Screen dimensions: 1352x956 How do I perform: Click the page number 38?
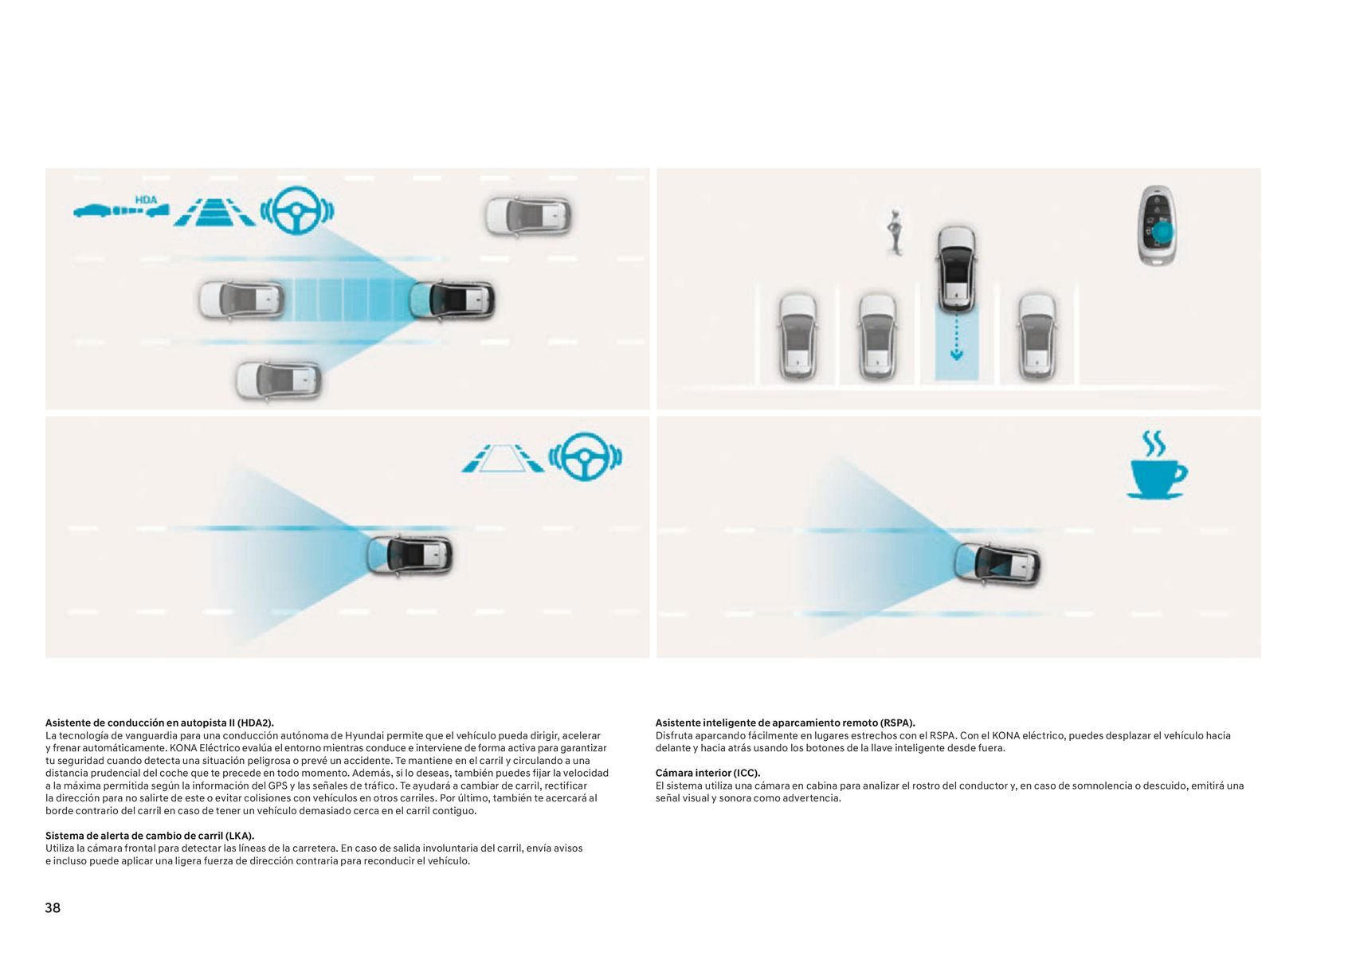(x=53, y=907)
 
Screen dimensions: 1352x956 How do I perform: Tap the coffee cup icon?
(x=1157, y=464)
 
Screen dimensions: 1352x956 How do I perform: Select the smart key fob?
(x=1157, y=225)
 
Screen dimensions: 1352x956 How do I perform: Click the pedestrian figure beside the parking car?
(x=895, y=232)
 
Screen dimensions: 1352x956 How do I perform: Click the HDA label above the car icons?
(x=146, y=200)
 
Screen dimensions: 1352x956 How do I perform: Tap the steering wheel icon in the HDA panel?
(x=297, y=210)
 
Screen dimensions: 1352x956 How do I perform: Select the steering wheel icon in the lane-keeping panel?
(x=585, y=456)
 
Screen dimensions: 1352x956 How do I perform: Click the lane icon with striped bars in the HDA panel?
(x=214, y=212)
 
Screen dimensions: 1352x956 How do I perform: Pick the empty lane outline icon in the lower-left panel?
(x=502, y=459)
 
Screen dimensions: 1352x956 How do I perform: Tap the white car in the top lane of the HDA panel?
(x=528, y=216)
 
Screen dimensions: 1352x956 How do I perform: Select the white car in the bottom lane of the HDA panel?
(x=278, y=381)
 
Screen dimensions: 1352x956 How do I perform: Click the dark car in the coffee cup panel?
(x=997, y=564)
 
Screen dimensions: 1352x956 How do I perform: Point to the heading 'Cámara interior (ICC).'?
(x=707, y=773)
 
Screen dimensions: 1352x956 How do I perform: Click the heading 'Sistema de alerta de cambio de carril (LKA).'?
(x=150, y=835)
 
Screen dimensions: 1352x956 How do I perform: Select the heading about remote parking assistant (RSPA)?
(x=786, y=723)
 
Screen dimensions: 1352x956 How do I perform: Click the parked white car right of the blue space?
(x=1037, y=337)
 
